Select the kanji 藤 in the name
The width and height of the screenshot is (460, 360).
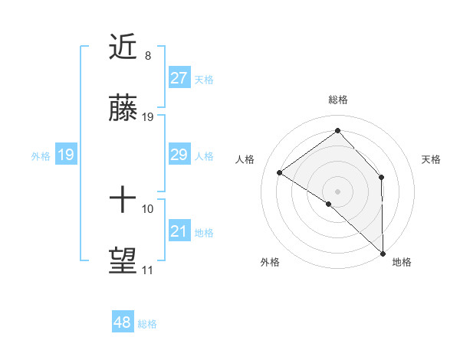point(124,112)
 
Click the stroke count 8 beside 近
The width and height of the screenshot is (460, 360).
point(148,56)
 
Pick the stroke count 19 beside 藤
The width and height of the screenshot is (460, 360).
point(148,117)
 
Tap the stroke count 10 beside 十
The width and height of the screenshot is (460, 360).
point(148,208)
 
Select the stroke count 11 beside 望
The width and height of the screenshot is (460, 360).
point(148,270)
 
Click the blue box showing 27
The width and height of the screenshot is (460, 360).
point(179,78)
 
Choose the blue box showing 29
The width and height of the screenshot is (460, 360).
point(179,155)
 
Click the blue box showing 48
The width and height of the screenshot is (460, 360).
point(123,322)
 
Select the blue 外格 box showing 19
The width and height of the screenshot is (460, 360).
point(66,155)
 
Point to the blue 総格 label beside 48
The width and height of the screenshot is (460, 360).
point(147,324)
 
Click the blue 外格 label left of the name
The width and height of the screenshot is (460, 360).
point(41,156)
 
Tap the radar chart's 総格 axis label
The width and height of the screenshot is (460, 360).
point(338,100)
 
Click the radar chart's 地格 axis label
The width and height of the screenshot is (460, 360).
point(402,263)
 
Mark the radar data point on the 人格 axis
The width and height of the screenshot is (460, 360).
point(280,173)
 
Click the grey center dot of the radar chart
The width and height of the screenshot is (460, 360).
point(337,190)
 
